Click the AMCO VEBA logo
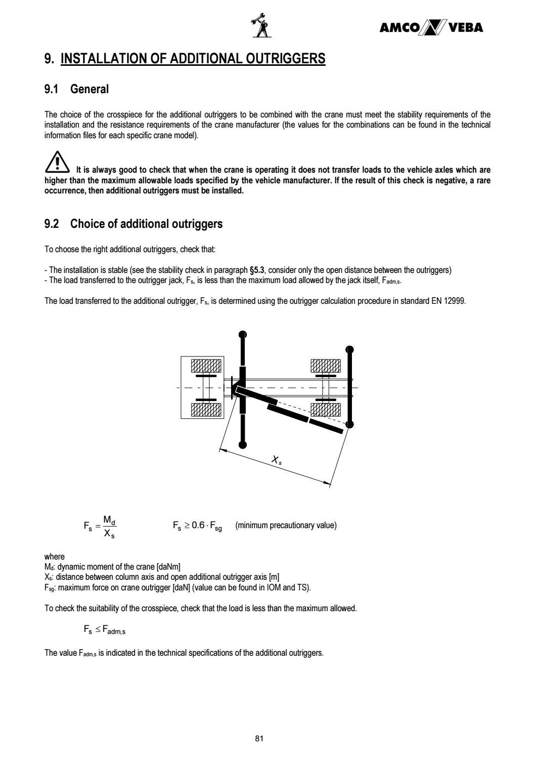click(431, 28)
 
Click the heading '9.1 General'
click(76, 89)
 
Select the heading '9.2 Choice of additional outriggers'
click(133, 224)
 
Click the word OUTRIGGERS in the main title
click(280, 59)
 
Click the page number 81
click(259, 738)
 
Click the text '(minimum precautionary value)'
click(286, 525)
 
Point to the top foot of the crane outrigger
click(243, 334)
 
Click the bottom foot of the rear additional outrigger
click(349, 424)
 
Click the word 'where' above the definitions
click(55, 556)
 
